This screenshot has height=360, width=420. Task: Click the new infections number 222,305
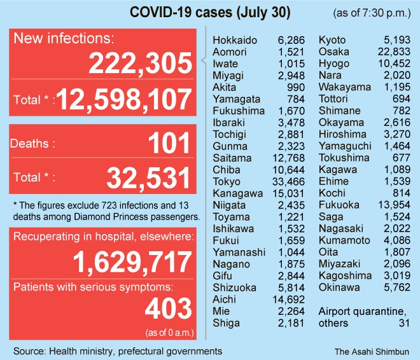tap(140, 64)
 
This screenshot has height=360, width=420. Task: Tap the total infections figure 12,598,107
tap(125, 99)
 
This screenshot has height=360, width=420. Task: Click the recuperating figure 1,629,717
tap(132, 261)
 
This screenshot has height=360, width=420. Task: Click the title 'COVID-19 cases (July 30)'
tap(202, 13)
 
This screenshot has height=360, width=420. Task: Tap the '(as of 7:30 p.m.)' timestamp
tap(371, 13)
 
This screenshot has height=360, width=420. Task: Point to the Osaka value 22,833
tap(396, 52)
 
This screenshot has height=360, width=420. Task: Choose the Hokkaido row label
tap(235, 40)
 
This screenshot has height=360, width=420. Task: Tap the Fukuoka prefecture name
tap(339, 205)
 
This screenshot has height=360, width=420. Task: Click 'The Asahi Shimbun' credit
tap(372, 350)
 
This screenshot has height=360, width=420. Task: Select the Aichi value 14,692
tap(292, 300)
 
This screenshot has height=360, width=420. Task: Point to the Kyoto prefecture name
tap(332, 40)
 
